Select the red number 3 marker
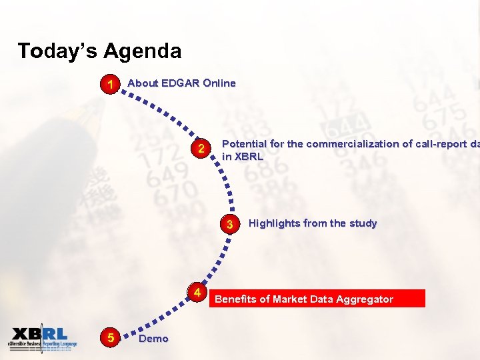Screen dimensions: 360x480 (x=229, y=224)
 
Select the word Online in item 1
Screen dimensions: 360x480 (x=219, y=83)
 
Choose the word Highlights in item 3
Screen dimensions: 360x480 (x=275, y=223)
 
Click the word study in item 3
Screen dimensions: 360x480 (x=363, y=223)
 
